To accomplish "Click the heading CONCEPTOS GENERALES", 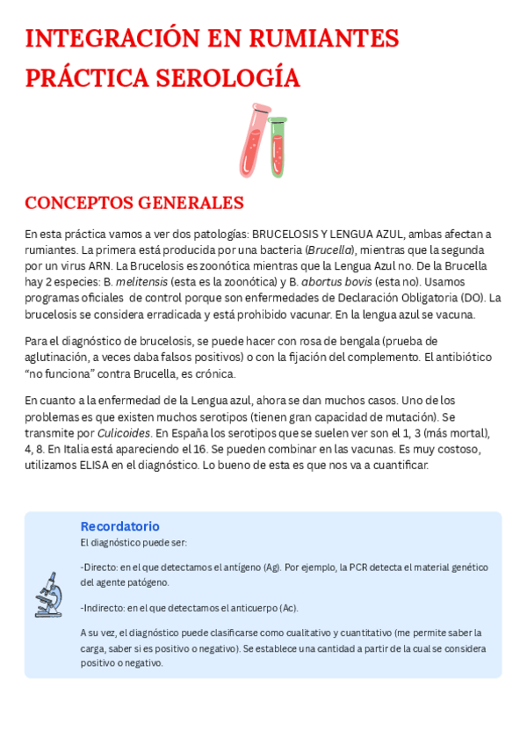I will (134, 203).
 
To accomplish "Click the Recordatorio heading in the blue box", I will (119, 526).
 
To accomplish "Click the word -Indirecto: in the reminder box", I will (103, 608).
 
